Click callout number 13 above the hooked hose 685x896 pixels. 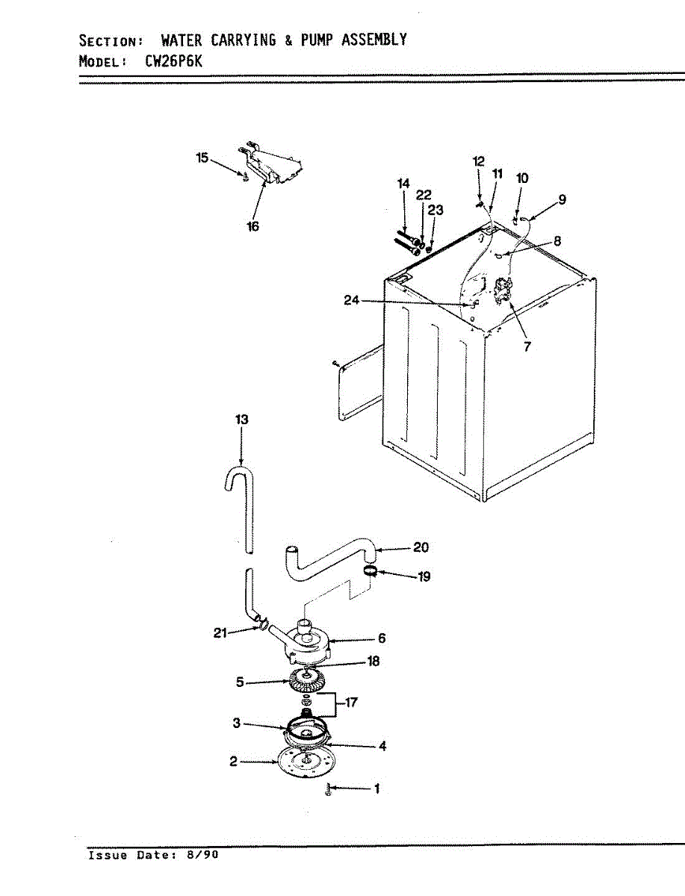(241, 420)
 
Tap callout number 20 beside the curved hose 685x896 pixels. (421, 547)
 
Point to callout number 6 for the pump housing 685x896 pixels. (381, 638)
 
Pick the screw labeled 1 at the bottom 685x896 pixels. (329, 790)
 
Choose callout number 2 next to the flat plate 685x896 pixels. (233, 762)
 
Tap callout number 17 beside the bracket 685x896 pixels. (352, 702)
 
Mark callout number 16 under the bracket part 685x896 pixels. (253, 226)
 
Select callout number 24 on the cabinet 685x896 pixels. (352, 300)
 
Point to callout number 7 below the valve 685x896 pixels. (527, 346)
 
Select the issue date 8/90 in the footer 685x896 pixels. (206, 856)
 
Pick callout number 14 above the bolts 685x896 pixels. (403, 184)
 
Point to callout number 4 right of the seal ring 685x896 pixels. (382, 746)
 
